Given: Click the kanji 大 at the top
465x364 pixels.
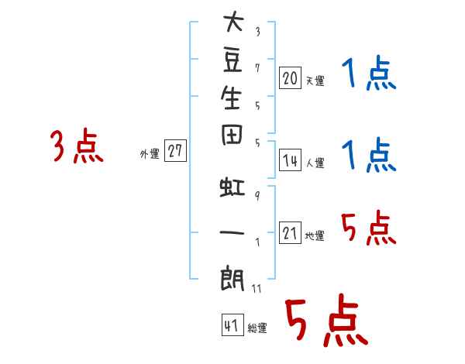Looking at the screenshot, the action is point(233,21).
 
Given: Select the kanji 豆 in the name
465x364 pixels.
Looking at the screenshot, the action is point(232,60).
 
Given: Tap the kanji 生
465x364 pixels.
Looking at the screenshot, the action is point(231,98).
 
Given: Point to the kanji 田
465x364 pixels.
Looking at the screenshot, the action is point(232,135).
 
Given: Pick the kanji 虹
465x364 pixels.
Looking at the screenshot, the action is point(232,187).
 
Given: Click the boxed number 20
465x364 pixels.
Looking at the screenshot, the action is point(290,78).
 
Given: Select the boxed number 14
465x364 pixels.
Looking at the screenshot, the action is point(290,160).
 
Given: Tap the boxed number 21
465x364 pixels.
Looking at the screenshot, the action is point(290,232).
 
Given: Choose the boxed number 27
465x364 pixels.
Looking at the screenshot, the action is point(175,150).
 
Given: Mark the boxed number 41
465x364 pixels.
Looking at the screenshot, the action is point(232,325).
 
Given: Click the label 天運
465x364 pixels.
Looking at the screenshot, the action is point(315,81).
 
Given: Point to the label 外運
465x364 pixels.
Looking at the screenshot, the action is point(150,154).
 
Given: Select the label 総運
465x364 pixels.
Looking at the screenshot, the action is point(257,328).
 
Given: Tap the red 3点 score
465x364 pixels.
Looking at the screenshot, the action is point(77,146).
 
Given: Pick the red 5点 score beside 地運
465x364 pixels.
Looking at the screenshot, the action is point(369,228).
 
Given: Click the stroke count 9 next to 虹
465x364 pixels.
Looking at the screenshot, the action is point(257,196).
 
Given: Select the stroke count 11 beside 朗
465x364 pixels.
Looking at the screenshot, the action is point(257,289).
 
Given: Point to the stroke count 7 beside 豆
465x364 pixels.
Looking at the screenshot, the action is point(257,68).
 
